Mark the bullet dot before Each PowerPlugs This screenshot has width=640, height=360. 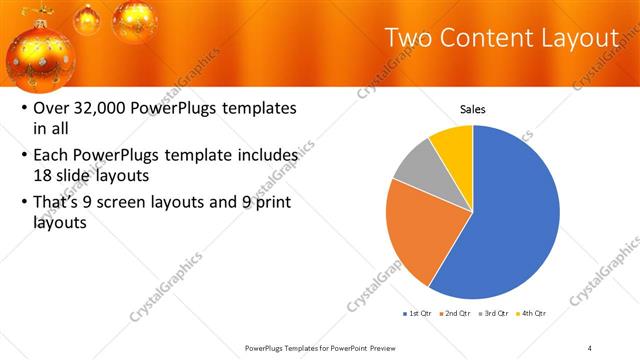click(24, 157)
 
